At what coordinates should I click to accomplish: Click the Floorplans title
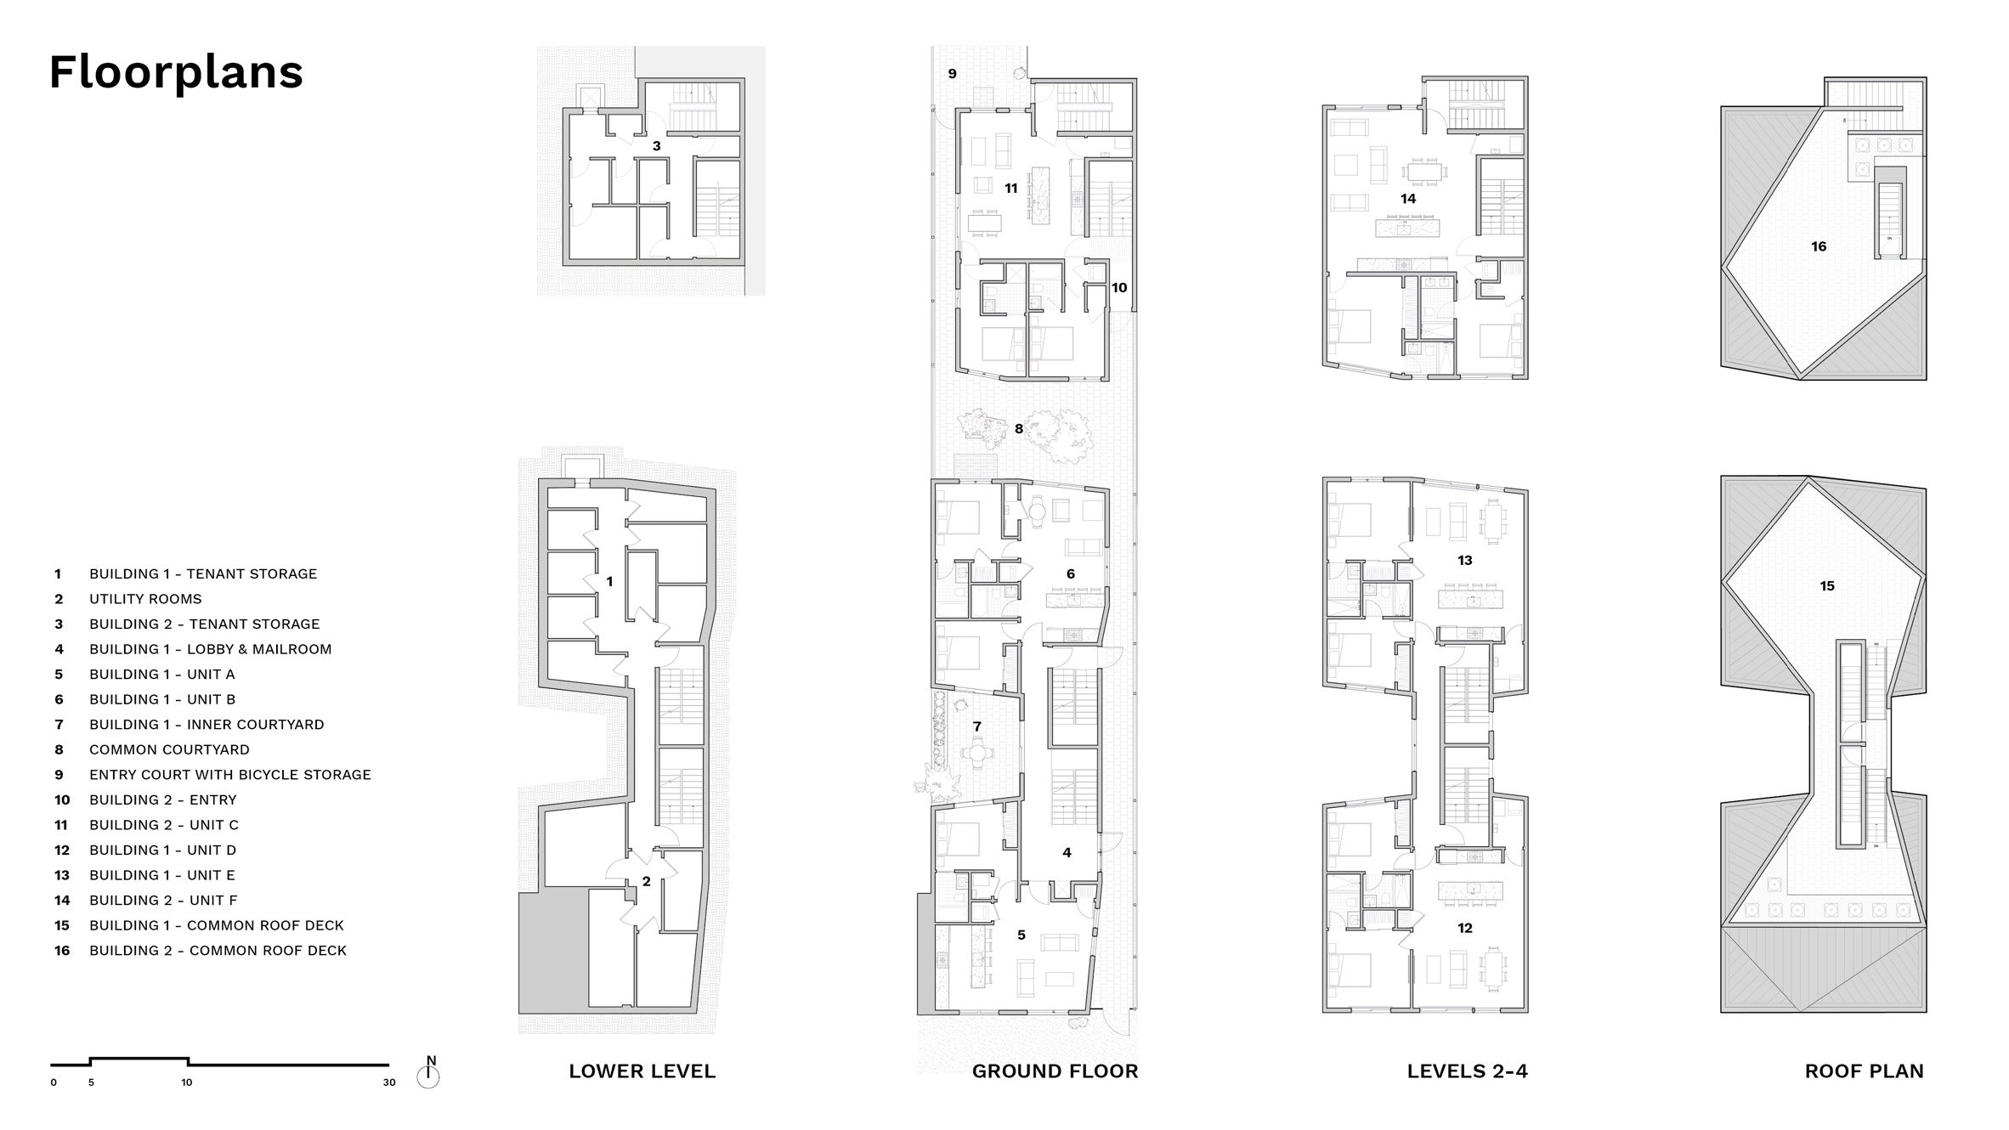click(x=176, y=73)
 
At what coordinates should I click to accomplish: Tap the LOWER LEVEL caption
click(x=642, y=1071)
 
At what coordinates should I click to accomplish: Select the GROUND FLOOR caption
click(x=1055, y=1071)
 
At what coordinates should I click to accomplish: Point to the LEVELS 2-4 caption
click(x=1468, y=1071)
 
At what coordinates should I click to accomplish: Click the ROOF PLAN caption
click(x=1865, y=1071)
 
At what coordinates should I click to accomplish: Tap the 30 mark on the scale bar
click(x=389, y=1082)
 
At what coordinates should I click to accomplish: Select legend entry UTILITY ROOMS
click(x=145, y=599)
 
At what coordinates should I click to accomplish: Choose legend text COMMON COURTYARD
click(x=169, y=749)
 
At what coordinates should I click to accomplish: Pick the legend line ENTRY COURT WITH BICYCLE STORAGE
click(x=230, y=775)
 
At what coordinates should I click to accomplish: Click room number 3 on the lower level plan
click(x=656, y=146)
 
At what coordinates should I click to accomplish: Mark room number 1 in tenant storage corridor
click(x=609, y=582)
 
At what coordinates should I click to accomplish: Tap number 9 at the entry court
click(x=952, y=74)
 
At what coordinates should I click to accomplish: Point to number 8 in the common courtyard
click(x=1019, y=429)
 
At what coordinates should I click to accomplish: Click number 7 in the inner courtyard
click(x=977, y=726)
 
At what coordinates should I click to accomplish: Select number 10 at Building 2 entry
click(x=1119, y=288)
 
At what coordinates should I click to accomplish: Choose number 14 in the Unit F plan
click(x=1408, y=199)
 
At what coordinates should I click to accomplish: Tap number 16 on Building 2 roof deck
click(x=1819, y=246)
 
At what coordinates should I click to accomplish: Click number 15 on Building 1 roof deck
click(x=1827, y=586)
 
